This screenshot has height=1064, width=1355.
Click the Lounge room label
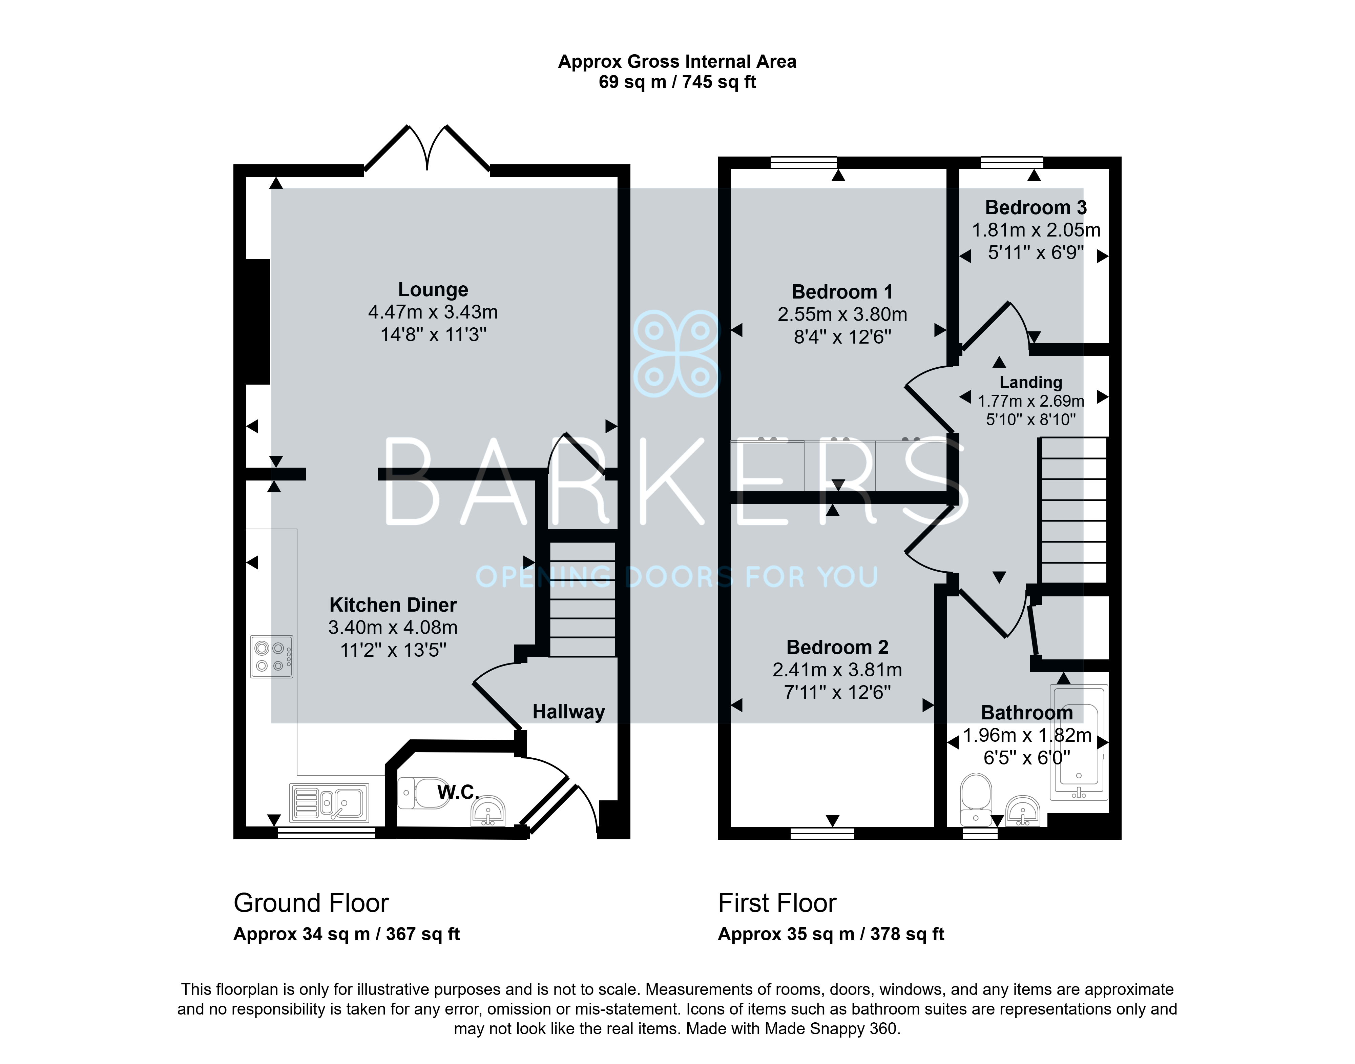(433, 290)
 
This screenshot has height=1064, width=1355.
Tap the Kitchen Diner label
(393, 605)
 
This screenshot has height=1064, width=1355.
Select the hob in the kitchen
(271, 657)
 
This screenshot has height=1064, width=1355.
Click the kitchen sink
(329, 803)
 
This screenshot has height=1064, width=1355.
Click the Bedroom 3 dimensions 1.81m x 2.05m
(1036, 230)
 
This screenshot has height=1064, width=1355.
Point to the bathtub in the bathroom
(1079, 742)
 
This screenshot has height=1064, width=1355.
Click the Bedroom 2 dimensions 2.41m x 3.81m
(837, 670)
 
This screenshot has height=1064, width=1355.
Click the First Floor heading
(777, 903)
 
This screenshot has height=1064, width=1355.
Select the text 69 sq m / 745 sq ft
(677, 82)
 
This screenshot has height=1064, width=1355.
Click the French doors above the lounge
(427, 148)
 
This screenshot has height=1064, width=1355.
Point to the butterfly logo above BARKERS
(676, 353)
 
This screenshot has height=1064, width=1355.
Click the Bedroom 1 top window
(803, 163)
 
